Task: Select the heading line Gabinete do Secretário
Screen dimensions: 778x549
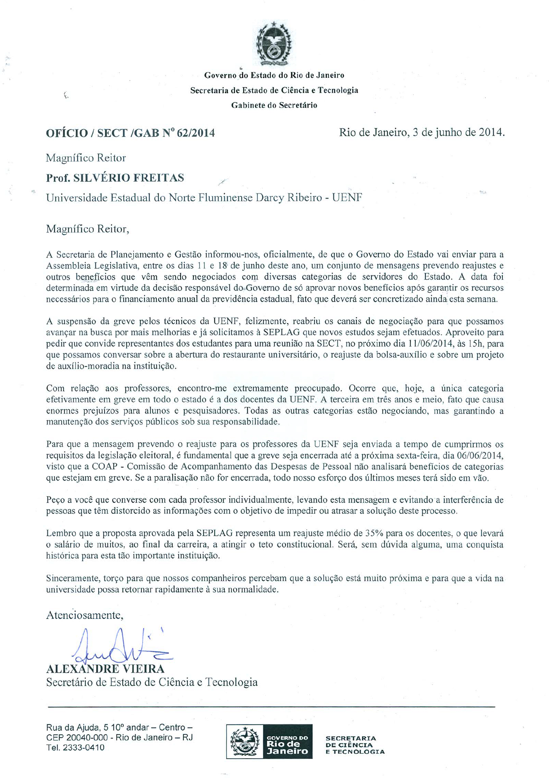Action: click(274, 105)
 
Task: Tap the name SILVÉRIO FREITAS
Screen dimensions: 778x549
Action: click(128, 178)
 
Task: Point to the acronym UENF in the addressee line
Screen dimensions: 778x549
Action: click(347, 197)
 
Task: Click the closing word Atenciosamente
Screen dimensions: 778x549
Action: click(84, 615)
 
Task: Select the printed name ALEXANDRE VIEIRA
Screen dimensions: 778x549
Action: click(105, 669)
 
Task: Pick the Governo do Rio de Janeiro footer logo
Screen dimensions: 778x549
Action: click(269, 742)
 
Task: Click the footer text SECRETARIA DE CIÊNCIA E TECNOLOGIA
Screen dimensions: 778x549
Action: click(355, 744)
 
